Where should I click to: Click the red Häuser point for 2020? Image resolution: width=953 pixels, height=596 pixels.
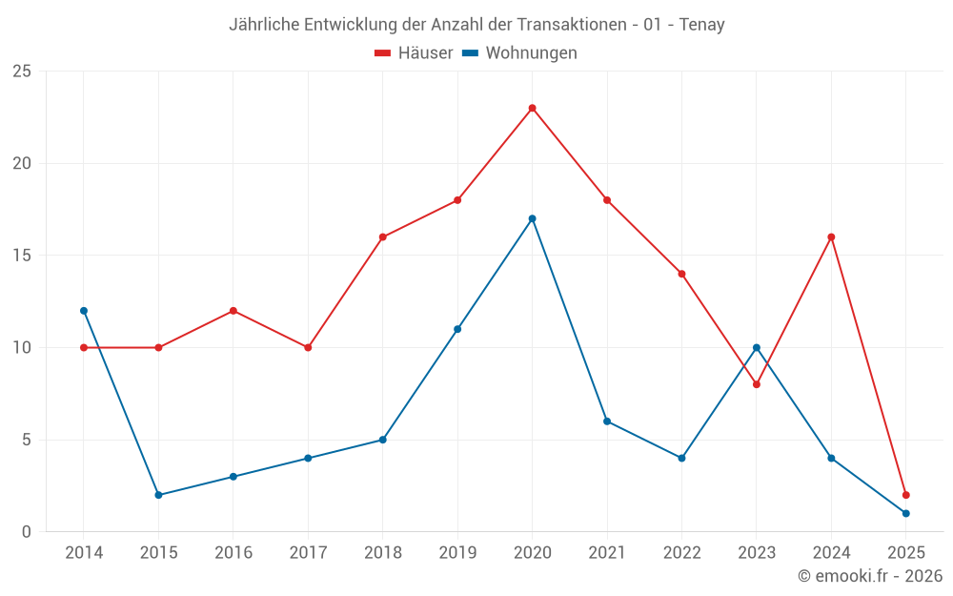tap(532, 108)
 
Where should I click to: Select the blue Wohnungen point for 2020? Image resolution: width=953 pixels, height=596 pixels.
tap(532, 218)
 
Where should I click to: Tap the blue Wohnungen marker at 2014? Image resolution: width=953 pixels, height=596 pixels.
tap(84, 311)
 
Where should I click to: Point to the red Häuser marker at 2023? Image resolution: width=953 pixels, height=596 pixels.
tap(757, 384)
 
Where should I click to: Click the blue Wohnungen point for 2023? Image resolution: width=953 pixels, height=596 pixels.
tap(757, 347)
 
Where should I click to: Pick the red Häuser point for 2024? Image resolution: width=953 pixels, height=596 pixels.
tap(831, 236)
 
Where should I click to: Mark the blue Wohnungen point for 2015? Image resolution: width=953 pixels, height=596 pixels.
tap(158, 495)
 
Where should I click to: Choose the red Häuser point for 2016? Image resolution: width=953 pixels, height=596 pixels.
tap(233, 311)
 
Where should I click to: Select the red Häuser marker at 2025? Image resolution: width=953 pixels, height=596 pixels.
tap(906, 495)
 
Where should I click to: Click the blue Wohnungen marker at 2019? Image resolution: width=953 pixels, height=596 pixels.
tap(457, 329)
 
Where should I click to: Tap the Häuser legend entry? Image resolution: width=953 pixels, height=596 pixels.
tap(414, 53)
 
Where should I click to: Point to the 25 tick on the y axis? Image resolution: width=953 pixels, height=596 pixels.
tap(21, 72)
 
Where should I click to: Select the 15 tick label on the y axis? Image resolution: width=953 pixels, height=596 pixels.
tap(21, 256)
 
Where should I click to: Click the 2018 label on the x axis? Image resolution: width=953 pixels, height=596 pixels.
tap(382, 553)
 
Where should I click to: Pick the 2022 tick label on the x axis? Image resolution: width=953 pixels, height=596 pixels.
tap(681, 553)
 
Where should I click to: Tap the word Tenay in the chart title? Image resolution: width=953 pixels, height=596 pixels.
tap(701, 25)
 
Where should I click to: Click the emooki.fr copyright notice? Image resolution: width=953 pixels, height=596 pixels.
tap(869, 576)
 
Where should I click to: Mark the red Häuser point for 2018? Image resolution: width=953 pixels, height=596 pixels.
tap(382, 237)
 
